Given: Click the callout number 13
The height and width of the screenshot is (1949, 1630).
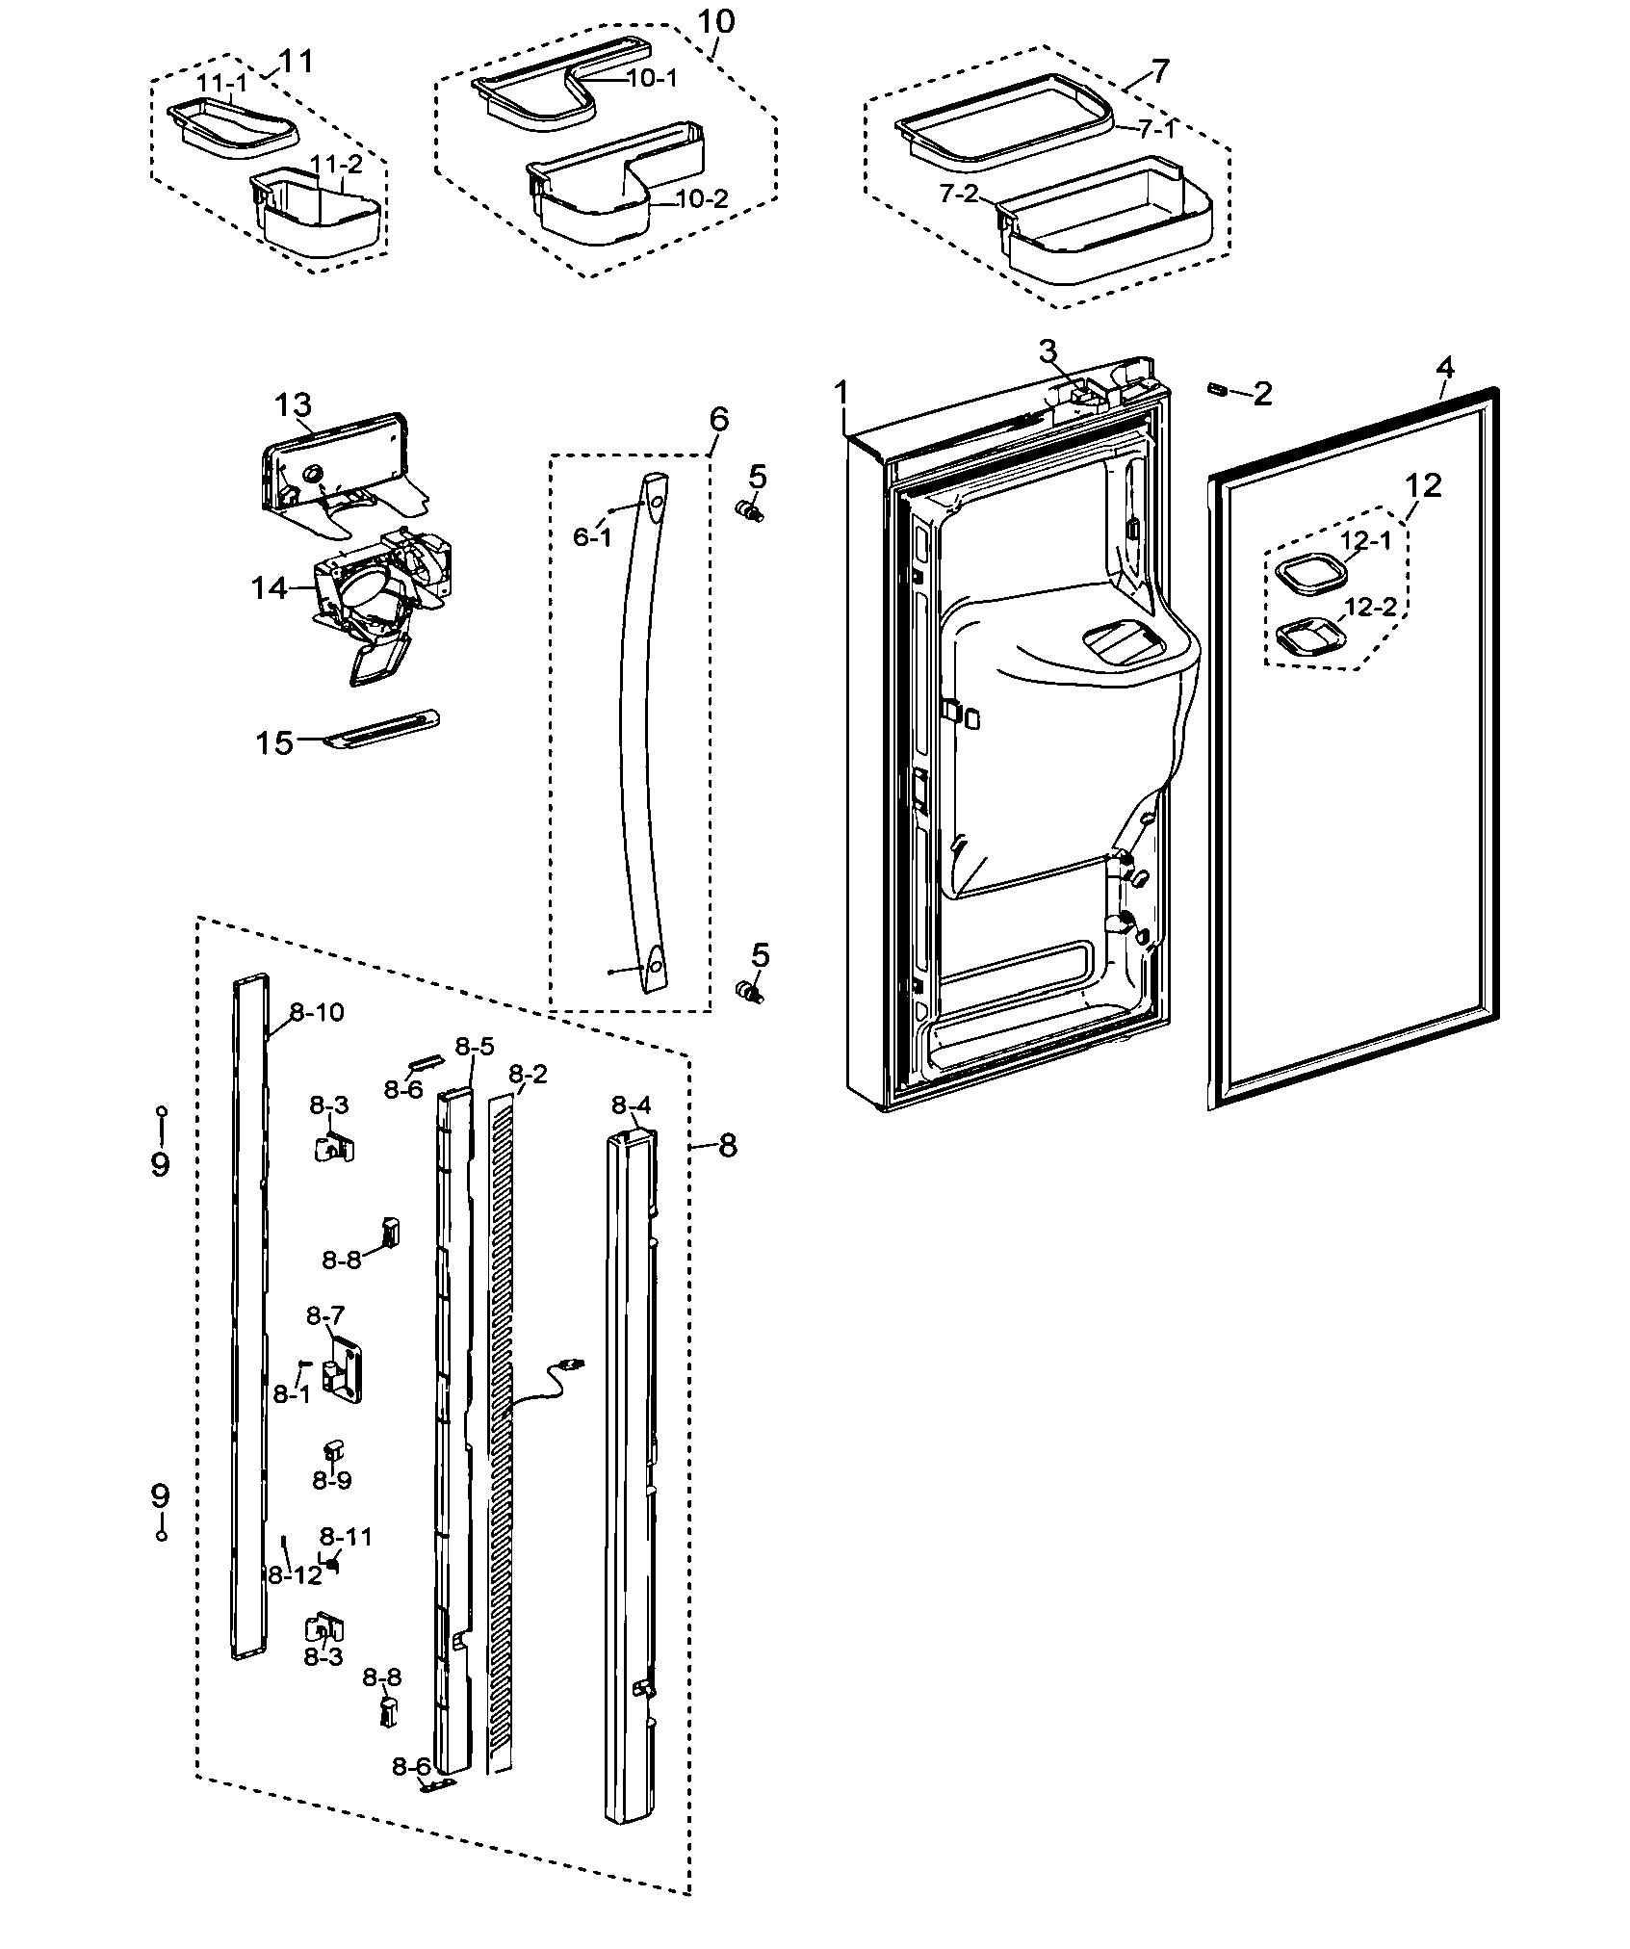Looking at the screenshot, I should [x=293, y=406].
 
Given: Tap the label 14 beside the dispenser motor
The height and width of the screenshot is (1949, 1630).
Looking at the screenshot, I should [x=270, y=586].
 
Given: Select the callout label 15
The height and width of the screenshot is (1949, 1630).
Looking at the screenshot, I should [x=273, y=742].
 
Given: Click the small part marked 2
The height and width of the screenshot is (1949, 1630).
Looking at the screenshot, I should [x=1217, y=388].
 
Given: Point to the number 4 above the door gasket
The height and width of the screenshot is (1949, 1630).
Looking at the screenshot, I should [x=1444, y=368].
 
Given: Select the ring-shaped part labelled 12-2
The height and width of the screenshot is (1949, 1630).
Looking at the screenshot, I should [x=1305, y=637].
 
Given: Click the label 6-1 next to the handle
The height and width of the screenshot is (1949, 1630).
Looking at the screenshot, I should [x=592, y=536].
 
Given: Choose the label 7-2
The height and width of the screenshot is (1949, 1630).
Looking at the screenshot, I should [x=959, y=195].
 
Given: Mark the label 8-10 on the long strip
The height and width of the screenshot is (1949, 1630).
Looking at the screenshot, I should [x=316, y=1012].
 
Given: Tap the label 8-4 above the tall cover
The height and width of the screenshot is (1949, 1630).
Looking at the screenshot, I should [x=632, y=1105].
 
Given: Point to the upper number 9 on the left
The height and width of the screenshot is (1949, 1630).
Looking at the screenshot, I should [x=160, y=1164].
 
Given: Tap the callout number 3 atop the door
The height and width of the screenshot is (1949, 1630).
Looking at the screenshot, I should [x=1047, y=351].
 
